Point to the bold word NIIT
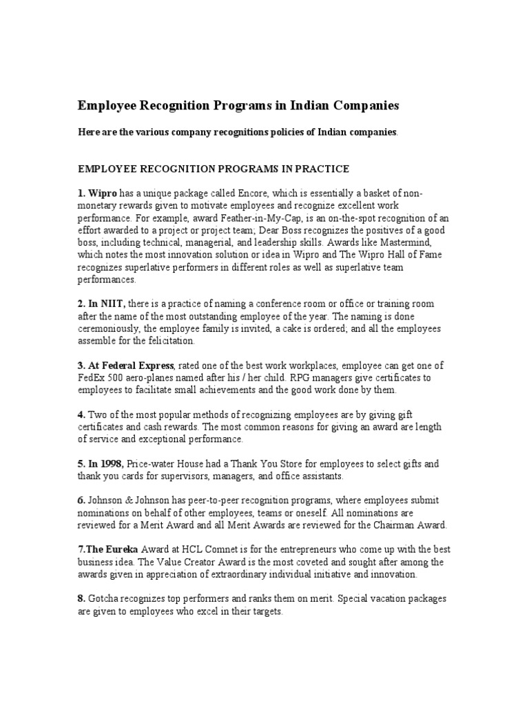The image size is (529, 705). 112,304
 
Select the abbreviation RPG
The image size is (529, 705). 289,377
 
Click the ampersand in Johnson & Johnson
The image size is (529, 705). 126,500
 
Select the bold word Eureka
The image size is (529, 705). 125,549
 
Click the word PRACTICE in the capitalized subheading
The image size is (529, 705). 318,169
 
